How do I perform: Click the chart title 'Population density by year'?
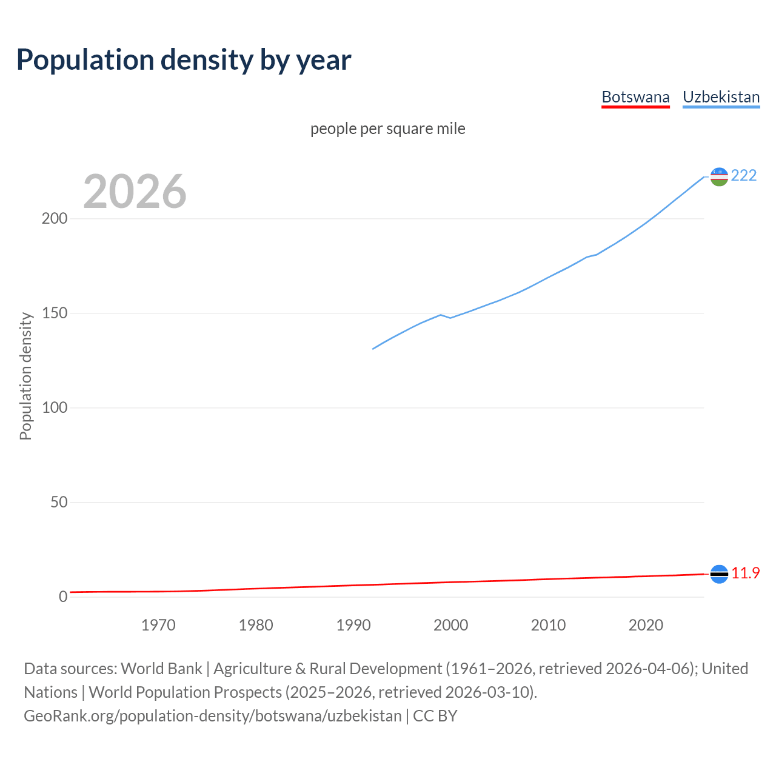(x=184, y=60)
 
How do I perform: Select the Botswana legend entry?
(x=635, y=97)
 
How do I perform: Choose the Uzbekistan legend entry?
(x=721, y=97)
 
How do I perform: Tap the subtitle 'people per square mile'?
(x=388, y=129)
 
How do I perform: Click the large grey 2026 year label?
(x=135, y=192)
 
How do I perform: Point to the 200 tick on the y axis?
(x=54, y=219)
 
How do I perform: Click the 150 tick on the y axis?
(x=54, y=313)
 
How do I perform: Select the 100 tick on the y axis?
(x=54, y=408)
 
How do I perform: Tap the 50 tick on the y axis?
(x=59, y=503)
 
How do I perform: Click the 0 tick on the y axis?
(x=63, y=597)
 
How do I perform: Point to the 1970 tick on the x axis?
(x=158, y=625)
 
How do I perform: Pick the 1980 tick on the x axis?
(x=256, y=625)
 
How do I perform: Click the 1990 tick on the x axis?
(x=353, y=625)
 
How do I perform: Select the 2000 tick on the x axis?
(x=450, y=625)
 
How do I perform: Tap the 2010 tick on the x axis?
(x=548, y=625)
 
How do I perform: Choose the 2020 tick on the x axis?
(x=646, y=625)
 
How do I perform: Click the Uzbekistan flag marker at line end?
(x=719, y=176)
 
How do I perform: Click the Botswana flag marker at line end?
(x=719, y=574)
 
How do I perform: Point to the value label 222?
(x=744, y=176)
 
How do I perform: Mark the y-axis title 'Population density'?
(x=25, y=376)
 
